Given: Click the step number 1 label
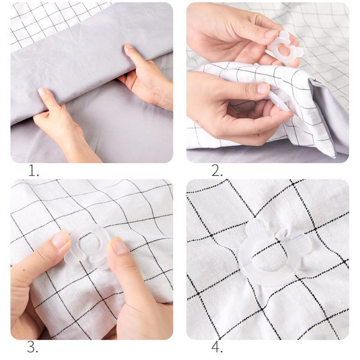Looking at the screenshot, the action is pos(33,171).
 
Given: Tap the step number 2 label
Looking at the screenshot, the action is pos(217,171).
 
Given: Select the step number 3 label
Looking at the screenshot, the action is pos(32,348).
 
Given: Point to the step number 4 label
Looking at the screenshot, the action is pos(217,348).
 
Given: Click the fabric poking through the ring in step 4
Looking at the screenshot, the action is pos(269,262).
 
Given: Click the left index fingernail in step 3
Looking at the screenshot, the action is pos(60,239).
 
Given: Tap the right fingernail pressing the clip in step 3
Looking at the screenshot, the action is pos(118,246).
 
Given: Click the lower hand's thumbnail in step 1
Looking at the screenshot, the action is pos(42,91).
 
